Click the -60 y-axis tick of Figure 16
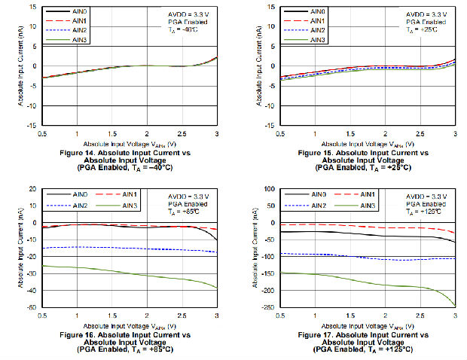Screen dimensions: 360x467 (31, 307)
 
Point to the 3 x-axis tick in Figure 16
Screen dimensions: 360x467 (217, 315)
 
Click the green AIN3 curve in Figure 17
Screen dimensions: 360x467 (377, 284)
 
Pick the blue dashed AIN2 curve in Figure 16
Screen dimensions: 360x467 (113, 247)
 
